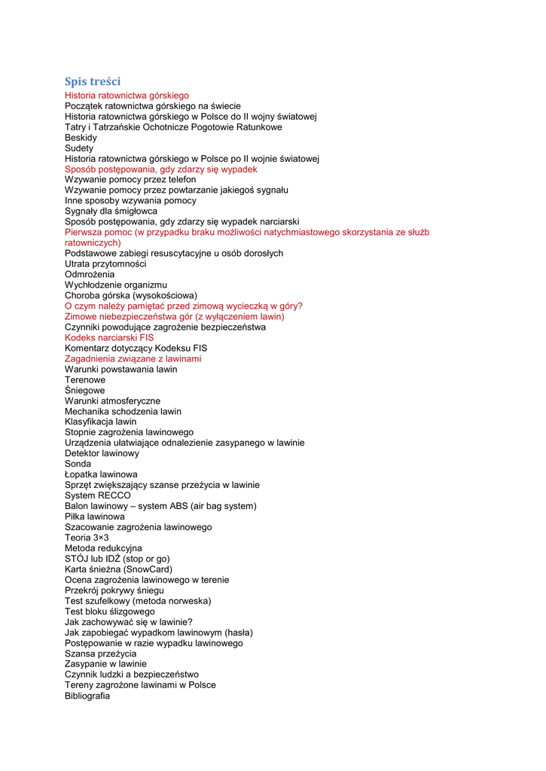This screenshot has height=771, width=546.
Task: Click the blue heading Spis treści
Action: (93, 81)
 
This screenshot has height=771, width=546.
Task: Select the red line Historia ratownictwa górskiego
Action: (127, 96)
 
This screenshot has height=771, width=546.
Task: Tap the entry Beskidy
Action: (81, 138)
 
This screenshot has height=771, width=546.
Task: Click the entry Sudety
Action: (79, 148)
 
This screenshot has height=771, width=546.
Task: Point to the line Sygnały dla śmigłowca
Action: (111, 212)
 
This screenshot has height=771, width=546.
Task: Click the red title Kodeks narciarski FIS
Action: (109, 338)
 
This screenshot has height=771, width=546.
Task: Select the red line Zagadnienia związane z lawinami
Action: (133, 359)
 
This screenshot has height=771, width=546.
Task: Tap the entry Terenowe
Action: (85, 380)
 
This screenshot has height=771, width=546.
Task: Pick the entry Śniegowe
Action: (85, 391)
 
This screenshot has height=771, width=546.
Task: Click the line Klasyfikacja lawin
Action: (101, 422)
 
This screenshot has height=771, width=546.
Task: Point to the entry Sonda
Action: (78, 464)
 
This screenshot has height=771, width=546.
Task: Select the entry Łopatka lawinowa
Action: (101, 474)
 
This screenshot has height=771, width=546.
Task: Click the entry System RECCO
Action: (98, 495)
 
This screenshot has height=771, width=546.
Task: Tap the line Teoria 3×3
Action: (87, 538)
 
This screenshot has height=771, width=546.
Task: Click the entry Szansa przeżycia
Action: (101, 654)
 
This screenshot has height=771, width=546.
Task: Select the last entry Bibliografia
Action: (87, 696)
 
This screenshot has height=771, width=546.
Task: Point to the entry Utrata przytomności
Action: (105, 264)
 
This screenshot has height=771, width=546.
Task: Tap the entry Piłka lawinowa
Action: (95, 517)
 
